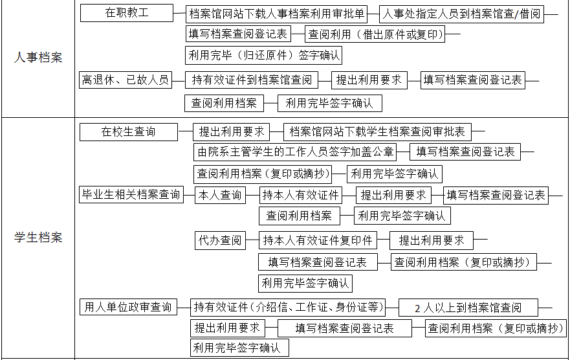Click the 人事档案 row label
click(x=38, y=58)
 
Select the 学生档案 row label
click(x=38, y=238)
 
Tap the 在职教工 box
click(x=127, y=13)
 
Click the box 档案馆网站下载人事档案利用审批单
click(x=276, y=14)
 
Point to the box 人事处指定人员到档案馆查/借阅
click(x=461, y=14)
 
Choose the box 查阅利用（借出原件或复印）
click(x=375, y=34)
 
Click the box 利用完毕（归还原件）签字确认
click(x=263, y=55)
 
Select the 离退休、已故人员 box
click(x=126, y=80)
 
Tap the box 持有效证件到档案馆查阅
click(x=252, y=80)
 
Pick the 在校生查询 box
click(x=129, y=131)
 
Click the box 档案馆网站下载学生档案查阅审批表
click(x=377, y=131)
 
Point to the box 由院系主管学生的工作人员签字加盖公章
click(x=295, y=152)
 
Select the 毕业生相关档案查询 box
click(x=131, y=194)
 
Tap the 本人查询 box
click(x=220, y=196)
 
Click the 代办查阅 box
click(x=220, y=240)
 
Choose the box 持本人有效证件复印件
click(x=318, y=240)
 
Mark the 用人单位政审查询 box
click(x=128, y=307)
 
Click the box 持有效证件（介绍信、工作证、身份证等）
click(x=289, y=308)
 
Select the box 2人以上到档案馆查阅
click(x=468, y=308)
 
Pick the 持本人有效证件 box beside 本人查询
click(x=301, y=196)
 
